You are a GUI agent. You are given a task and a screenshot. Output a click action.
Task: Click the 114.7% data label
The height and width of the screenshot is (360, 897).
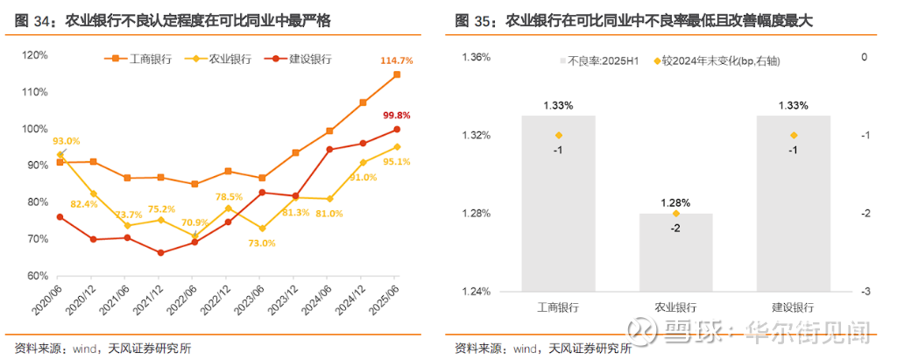click(396, 60)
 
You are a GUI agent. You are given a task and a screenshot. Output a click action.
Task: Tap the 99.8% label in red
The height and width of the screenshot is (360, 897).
click(397, 116)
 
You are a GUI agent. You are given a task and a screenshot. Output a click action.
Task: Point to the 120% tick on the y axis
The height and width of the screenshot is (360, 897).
click(35, 55)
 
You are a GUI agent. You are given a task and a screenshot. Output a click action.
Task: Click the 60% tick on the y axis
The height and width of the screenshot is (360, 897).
click(38, 275)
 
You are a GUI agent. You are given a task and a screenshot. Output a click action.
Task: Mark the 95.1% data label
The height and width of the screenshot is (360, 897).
click(396, 161)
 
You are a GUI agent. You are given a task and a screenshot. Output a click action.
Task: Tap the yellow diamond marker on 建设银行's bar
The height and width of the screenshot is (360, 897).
click(794, 135)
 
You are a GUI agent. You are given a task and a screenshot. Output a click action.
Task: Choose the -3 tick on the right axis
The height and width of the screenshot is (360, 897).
click(864, 292)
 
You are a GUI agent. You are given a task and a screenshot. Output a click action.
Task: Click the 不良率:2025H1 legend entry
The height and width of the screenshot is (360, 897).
click(605, 61)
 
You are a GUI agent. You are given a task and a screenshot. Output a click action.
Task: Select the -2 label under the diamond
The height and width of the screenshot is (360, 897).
click(675, 228)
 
